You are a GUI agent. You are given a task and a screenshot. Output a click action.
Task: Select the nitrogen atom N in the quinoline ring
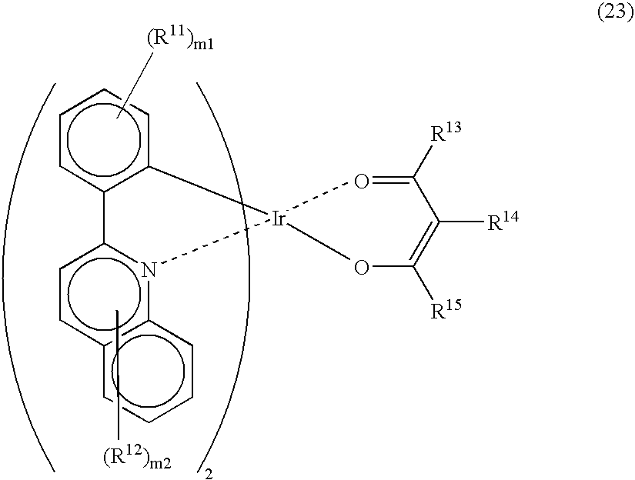[149, 270]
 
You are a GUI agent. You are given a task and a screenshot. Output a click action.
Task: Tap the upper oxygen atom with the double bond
[362, 182]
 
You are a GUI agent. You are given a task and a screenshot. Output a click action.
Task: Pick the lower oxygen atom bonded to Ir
[362, 268]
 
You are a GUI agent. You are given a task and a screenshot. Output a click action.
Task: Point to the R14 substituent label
[502, 221]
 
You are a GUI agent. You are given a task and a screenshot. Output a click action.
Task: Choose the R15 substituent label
[446, 309]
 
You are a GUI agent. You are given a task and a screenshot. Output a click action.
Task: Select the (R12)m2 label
[136, 458]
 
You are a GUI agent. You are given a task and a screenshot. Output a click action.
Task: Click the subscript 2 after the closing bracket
[209, 474]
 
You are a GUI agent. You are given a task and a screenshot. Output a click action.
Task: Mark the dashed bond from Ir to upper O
[319, 198]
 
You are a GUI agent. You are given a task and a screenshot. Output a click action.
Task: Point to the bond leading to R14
[462, 222]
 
